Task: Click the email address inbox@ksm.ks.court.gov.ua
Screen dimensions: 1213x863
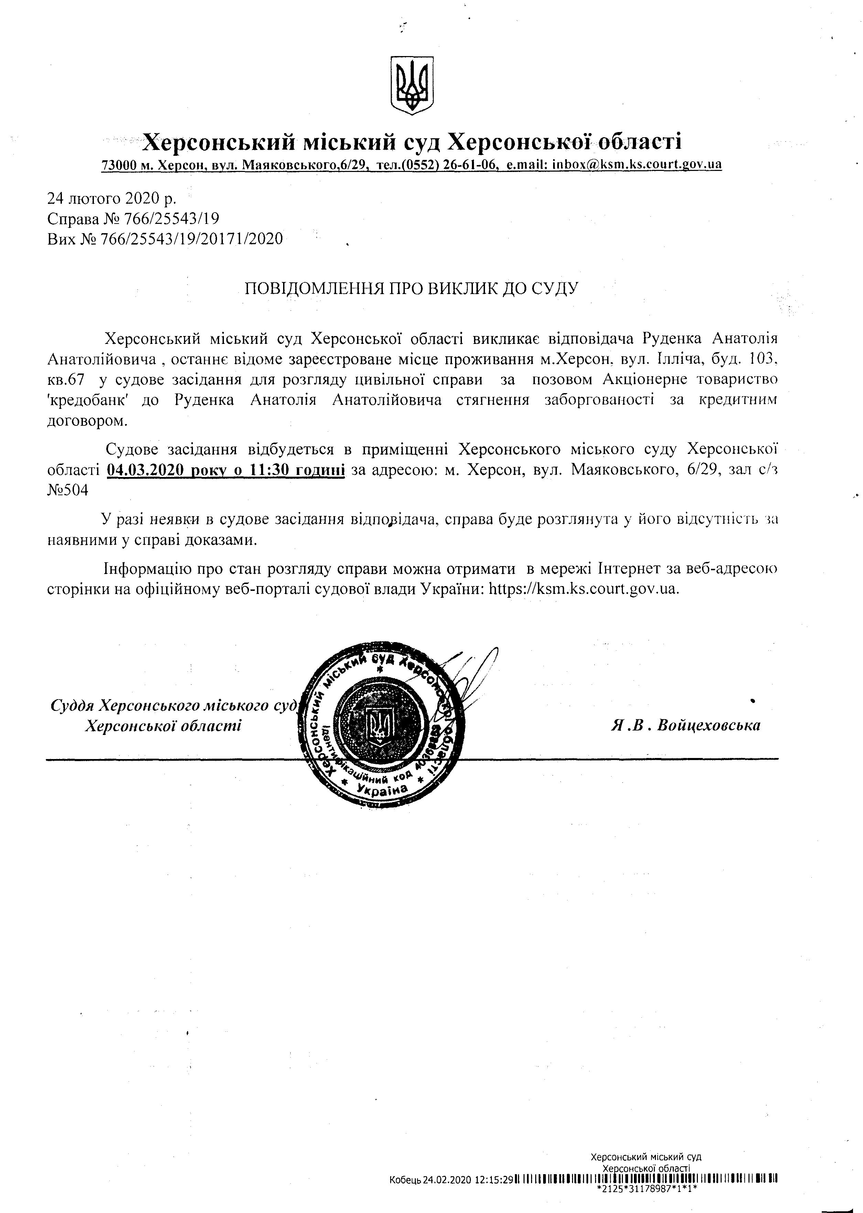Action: pyautogui.click(x=637, y=165)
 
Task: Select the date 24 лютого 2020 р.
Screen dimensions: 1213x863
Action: pyautogui.click(x=111, y=199)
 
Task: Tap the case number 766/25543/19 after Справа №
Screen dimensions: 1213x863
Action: pyautogui.click(x=171, y=219)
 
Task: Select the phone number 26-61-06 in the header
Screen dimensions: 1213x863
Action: pyautogui.click(x=471, y=165)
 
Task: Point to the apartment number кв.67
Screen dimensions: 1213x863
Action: pyautogui.click(x=66, y=380)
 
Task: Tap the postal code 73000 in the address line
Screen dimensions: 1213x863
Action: pyautogui.click(x=119, y=165)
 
